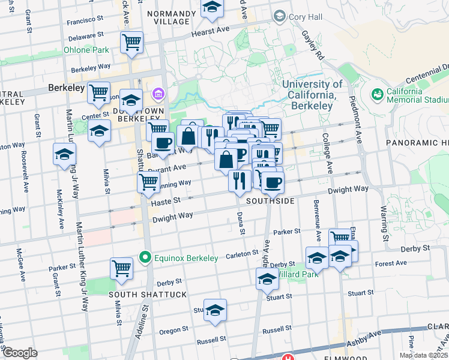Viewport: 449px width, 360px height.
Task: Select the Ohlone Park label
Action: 86,50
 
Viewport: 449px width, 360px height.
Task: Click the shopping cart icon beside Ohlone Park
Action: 131,43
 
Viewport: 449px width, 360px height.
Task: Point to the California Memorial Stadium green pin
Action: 378,94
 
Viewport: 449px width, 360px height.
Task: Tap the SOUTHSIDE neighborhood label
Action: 270,201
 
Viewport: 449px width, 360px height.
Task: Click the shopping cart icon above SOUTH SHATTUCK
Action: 122,268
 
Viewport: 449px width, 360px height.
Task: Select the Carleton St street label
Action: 241,255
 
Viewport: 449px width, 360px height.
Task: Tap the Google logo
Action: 20,353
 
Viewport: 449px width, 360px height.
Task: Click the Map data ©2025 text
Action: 423,355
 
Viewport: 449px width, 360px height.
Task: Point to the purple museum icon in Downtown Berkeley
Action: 158,94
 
